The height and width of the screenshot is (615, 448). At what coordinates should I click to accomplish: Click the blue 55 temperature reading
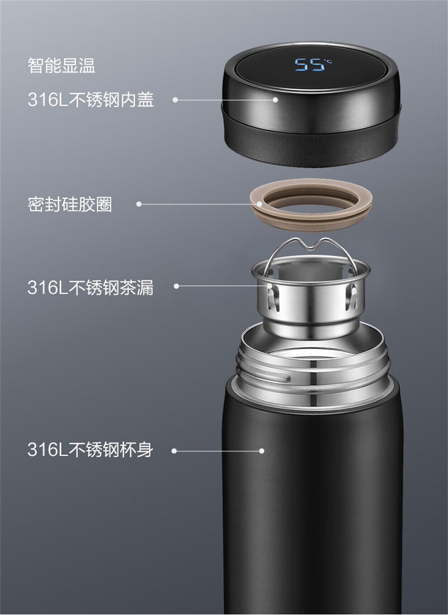[x=309, y=65]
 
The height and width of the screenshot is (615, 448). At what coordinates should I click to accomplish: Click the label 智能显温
[x=61, y=66]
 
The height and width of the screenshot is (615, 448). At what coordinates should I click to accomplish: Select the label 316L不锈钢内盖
[x=91, y=99]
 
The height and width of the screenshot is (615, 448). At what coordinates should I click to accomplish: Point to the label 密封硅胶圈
[x=70, y=204]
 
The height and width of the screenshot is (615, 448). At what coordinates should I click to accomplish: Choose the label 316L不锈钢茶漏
[x=91, y=288]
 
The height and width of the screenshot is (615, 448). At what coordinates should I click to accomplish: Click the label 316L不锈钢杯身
[x=91, y=449]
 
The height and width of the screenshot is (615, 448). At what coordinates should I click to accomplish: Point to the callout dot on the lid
[x=275, y=100]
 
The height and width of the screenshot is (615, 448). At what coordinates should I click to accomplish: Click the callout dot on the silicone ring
[x=259, y=204]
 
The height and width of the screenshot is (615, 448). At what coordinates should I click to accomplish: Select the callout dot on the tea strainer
[x=270, y=286]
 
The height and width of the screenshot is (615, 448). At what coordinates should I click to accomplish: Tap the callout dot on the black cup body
[x=262, y=451]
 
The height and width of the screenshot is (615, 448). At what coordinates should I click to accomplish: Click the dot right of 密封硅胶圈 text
[x=139, y=204]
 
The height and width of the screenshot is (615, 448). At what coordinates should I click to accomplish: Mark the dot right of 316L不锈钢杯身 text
[x=174, y=451]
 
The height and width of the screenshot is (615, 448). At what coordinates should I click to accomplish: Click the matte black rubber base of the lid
[x=310, y=148]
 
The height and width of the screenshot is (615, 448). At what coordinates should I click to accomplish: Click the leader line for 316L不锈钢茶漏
[x=223, y=286]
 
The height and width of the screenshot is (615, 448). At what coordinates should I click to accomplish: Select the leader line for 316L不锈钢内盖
[x=225, y=100]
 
